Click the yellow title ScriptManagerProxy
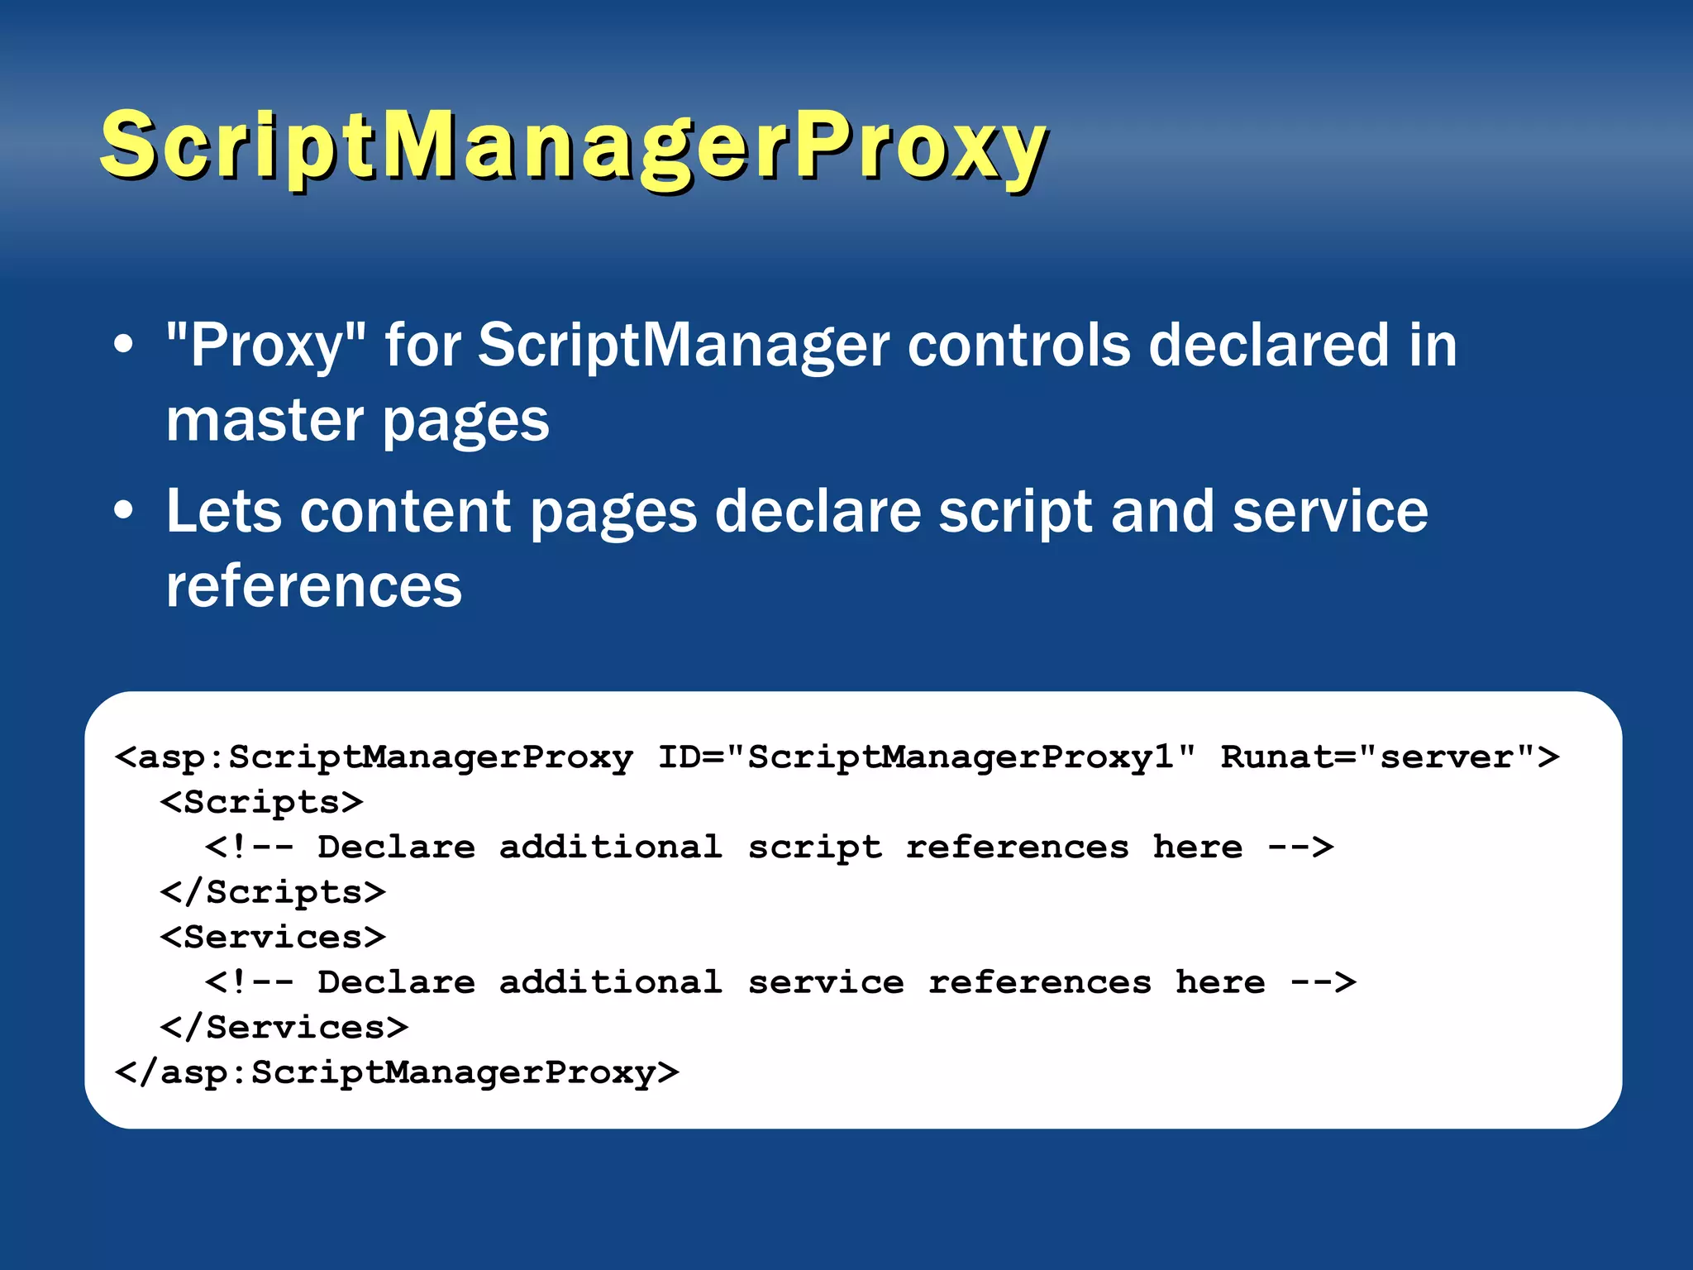coord(573,147)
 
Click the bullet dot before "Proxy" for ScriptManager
coord(123,345)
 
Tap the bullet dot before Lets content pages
coord(123,511)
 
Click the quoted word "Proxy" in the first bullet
coord(265,346)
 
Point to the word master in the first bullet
coord(265,420)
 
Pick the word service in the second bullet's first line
coord(1329,511)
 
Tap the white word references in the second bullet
coord(314,585)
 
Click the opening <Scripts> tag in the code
coord(261,802)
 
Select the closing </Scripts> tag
coord(273,892)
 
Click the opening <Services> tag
coord(273,937)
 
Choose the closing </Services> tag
coord(284,1028)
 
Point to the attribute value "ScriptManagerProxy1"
coord(961,757)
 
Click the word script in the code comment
coord(814,847)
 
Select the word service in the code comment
coord(825,983)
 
